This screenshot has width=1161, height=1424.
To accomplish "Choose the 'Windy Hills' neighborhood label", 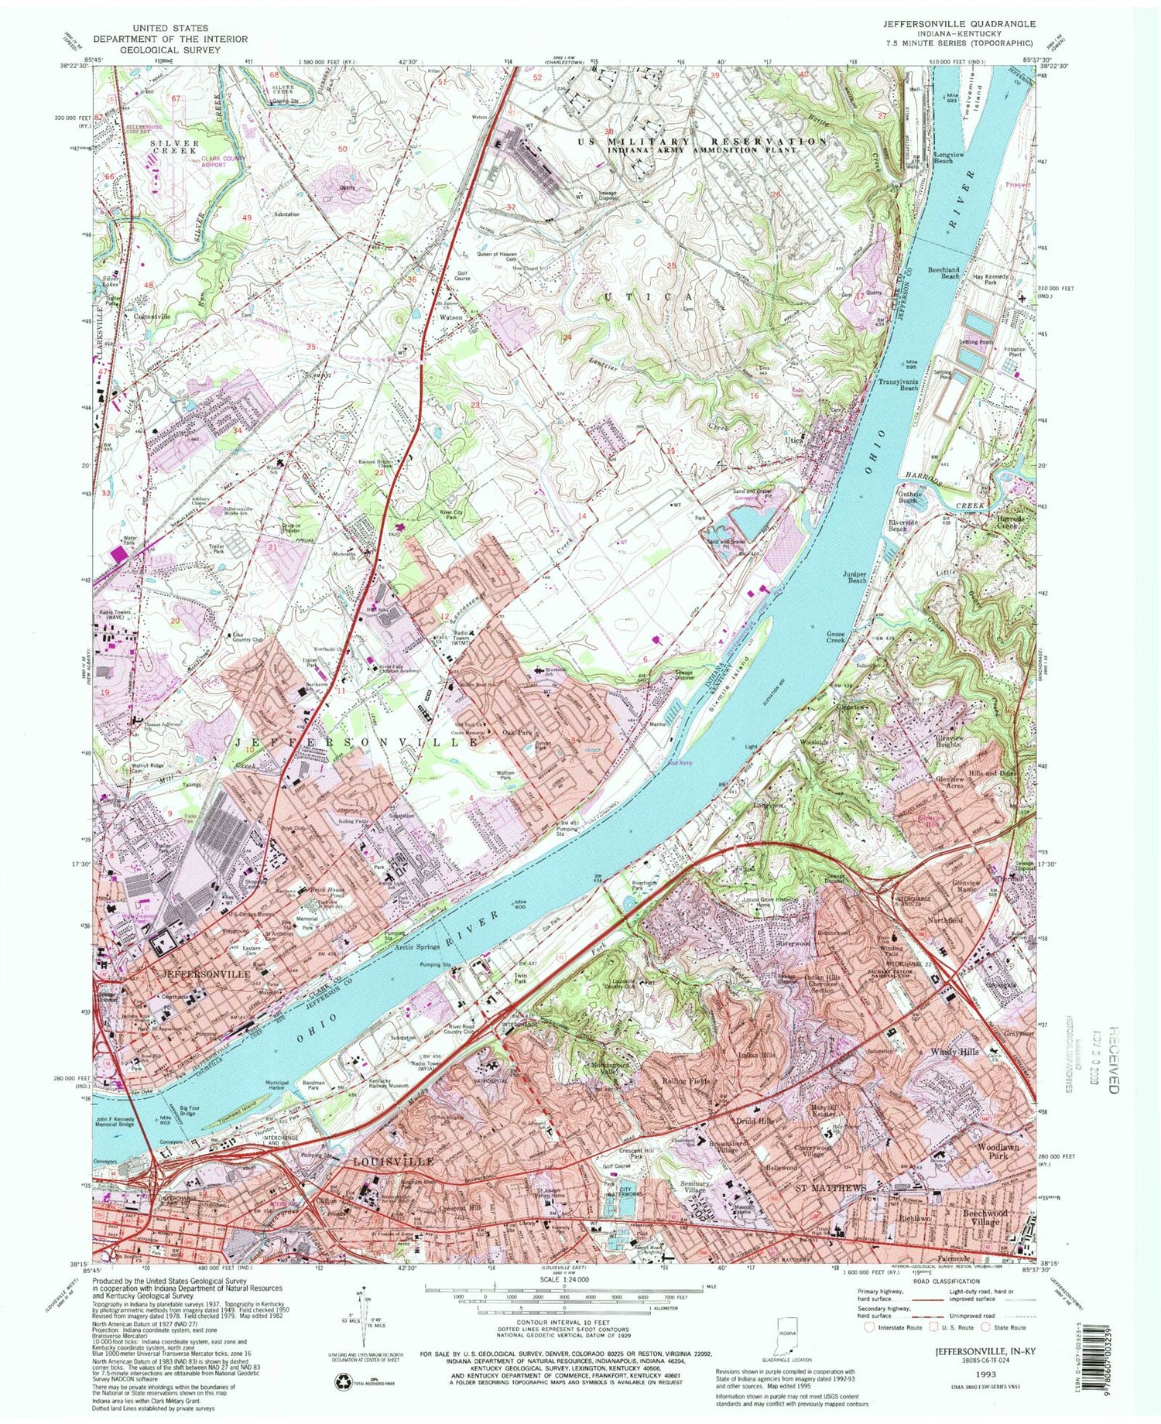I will [x=957, y=1053].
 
